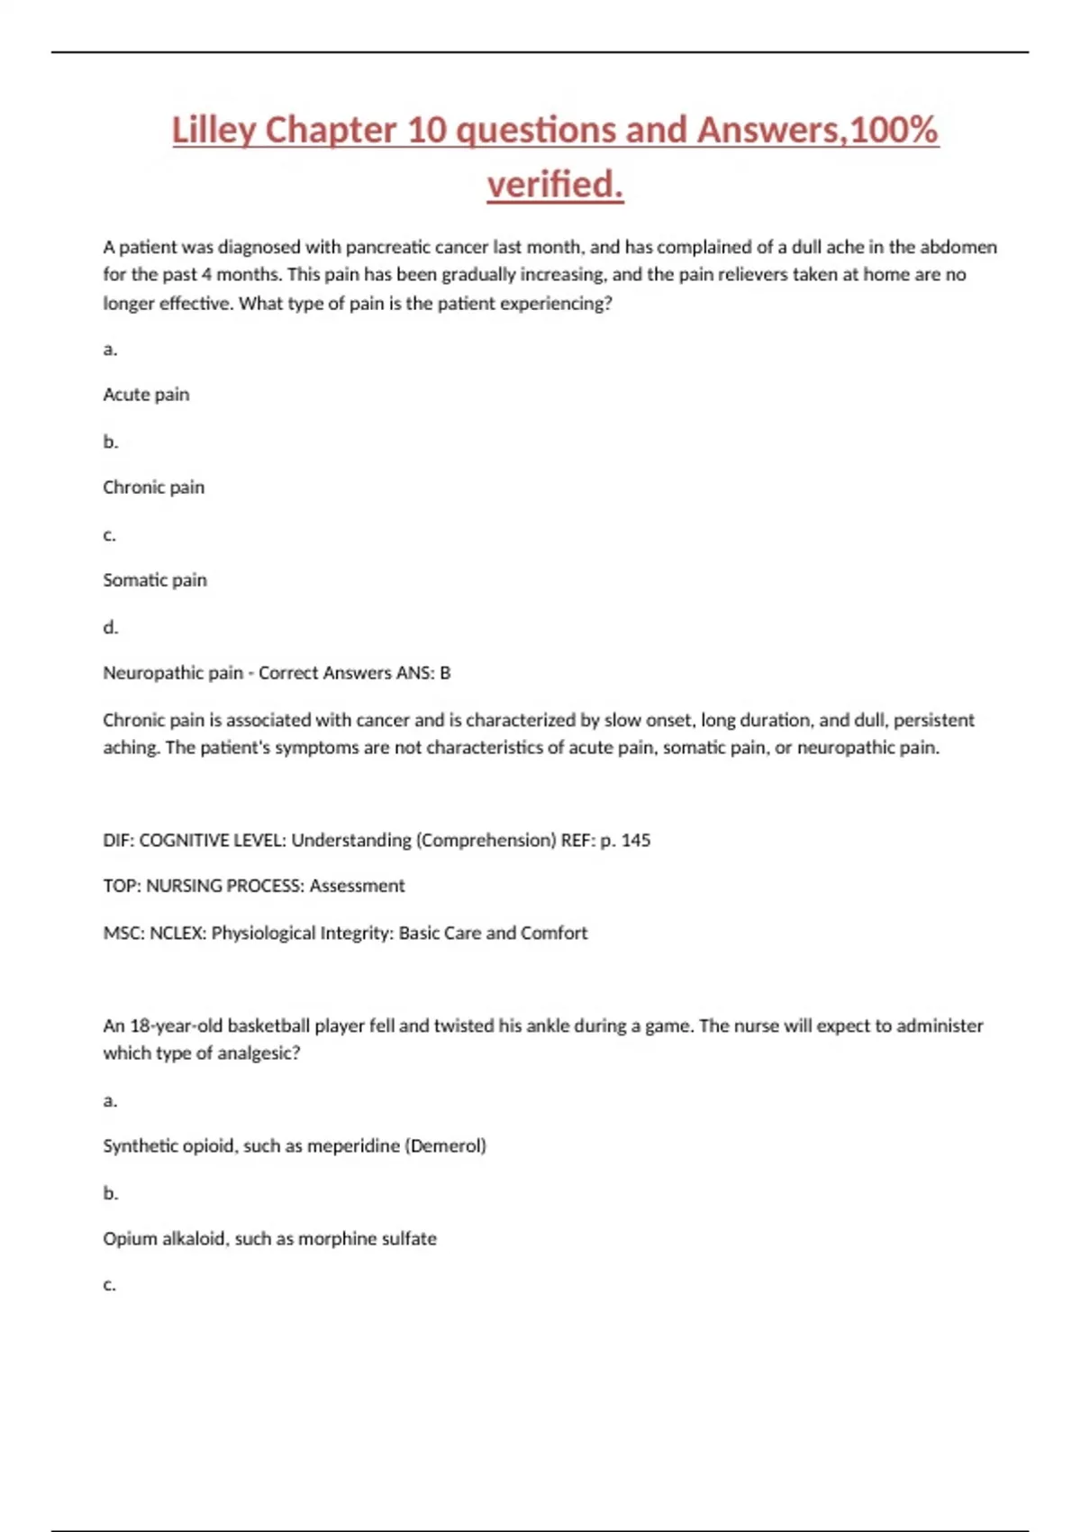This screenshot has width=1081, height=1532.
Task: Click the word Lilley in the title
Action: coord(213,130)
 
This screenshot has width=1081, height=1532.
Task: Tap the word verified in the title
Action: coord(555,185)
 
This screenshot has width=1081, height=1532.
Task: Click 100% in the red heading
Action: coord(894,130)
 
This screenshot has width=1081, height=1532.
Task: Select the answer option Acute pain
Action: coord(146,395)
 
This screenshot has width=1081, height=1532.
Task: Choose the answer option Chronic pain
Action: coord(153,488)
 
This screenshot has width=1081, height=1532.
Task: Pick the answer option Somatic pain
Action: coord(155,580)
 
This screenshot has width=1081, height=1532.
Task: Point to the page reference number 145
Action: coord(636,840)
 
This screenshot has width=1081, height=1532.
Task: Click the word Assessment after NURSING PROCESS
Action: coord(357,886)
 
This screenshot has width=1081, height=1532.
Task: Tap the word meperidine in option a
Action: coord(354,1145)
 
